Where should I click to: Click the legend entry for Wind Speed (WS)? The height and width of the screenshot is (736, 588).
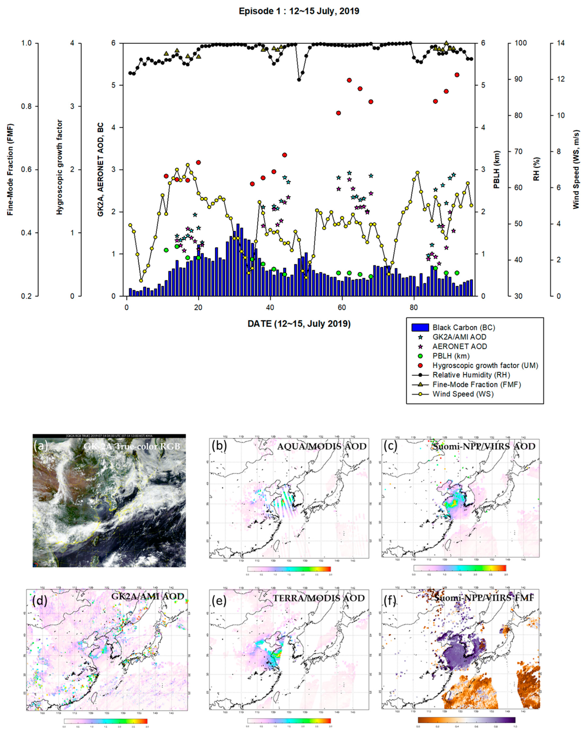(x=463, y=394)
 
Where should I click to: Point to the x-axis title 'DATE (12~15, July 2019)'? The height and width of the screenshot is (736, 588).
(x=299, y=324)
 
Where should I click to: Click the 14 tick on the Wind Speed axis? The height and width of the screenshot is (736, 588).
(x=561, y=43)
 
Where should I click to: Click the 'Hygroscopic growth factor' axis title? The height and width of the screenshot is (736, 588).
(x=60, y=167)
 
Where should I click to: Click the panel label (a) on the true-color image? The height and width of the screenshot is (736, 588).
(x=41, y=446)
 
